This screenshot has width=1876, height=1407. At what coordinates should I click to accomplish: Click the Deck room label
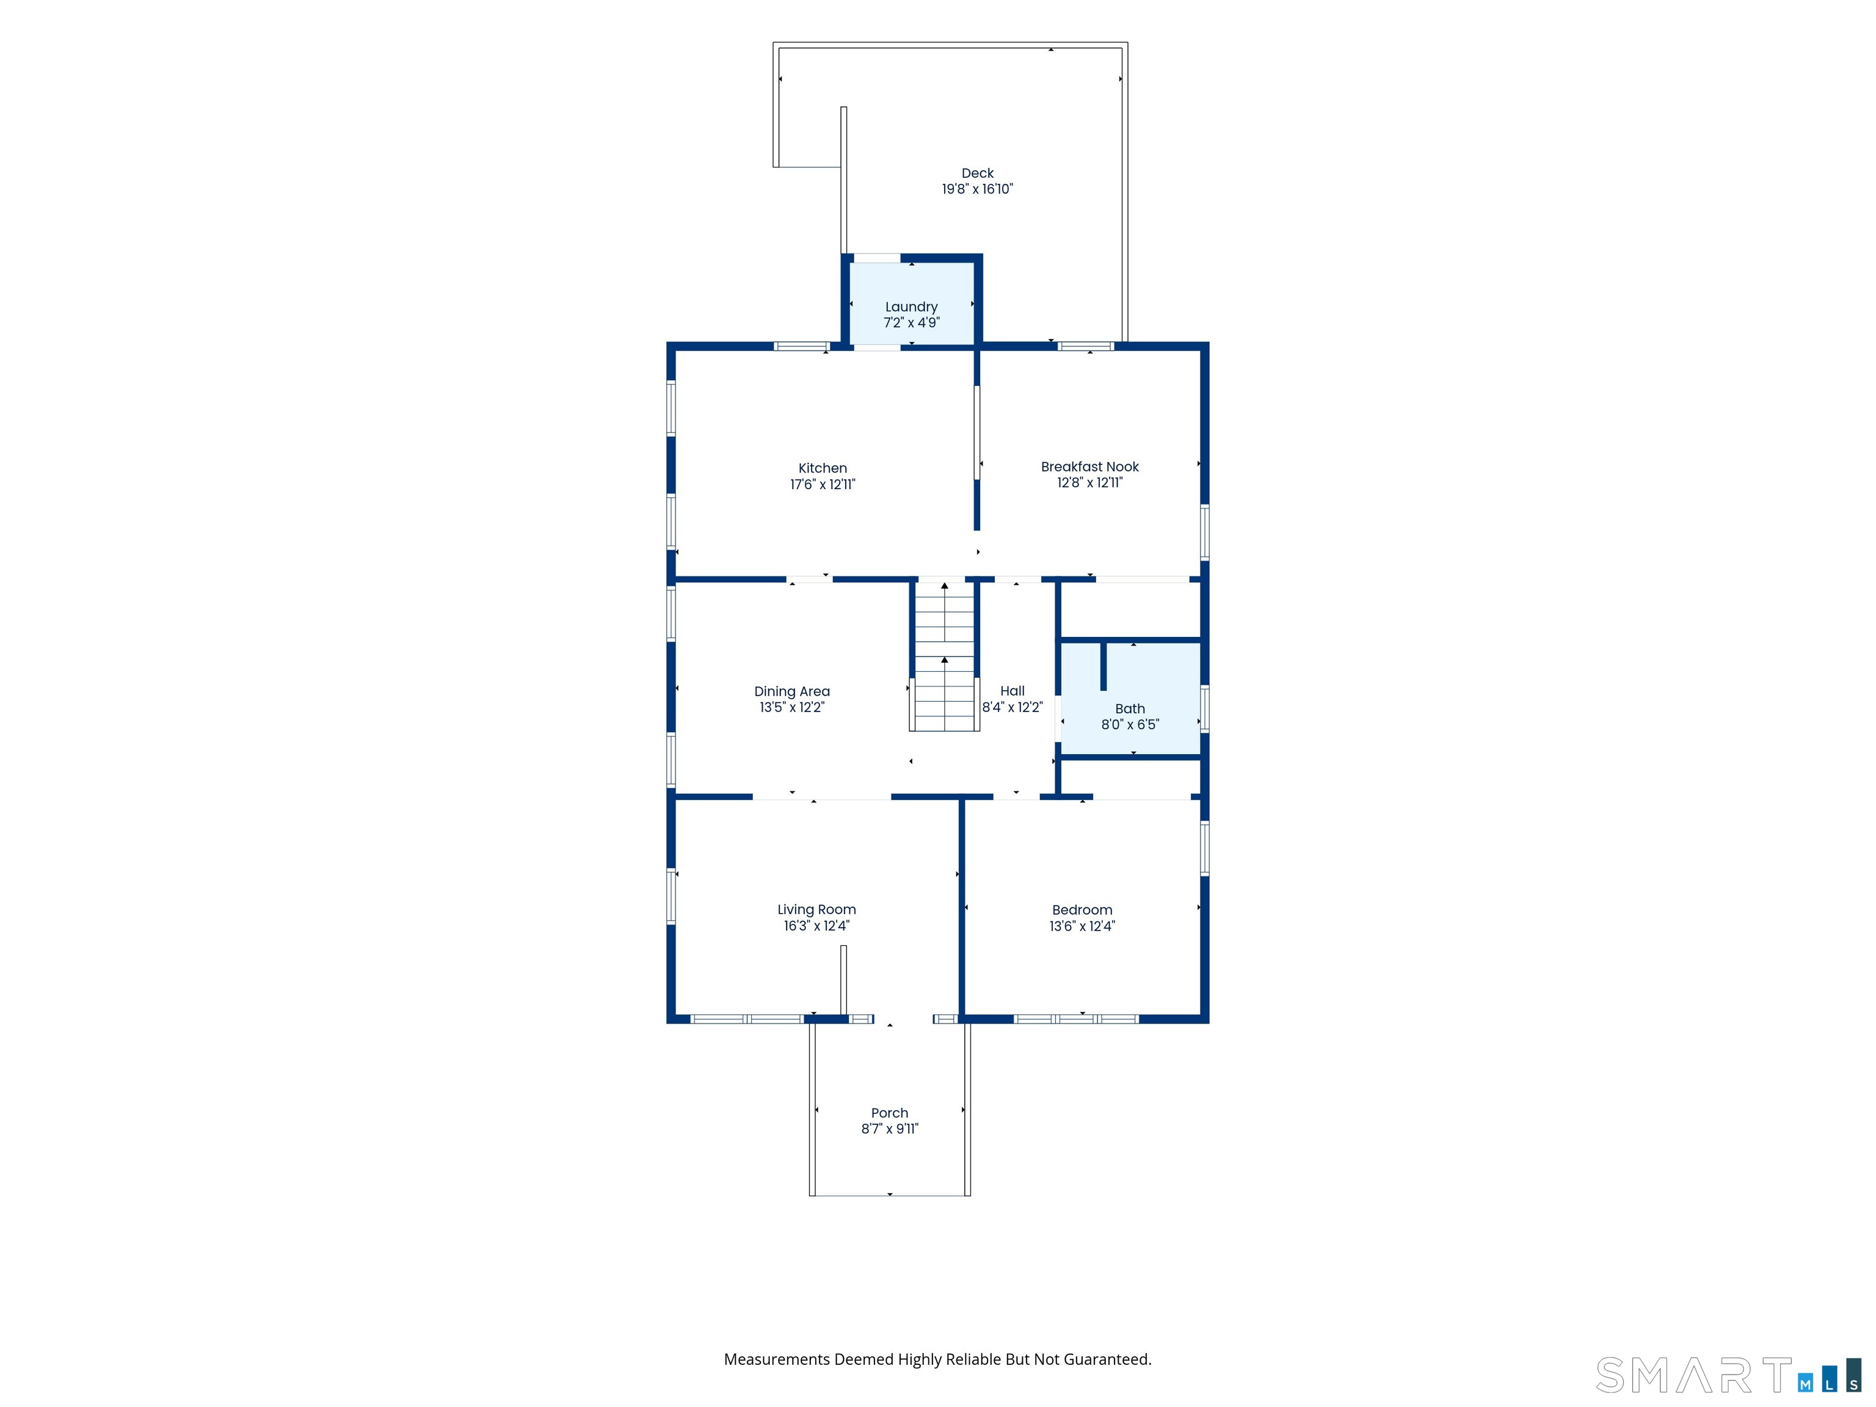click(977, 173)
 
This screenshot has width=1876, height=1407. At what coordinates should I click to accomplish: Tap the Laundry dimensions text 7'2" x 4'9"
click(912, 322)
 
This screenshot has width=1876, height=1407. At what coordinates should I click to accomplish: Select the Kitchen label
click(823, 468)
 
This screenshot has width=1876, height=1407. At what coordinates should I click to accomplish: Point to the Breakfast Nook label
click(1090, 467)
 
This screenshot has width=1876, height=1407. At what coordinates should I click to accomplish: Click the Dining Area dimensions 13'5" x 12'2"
click(792, 707)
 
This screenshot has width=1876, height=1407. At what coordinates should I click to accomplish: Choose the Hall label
click(1012, 691)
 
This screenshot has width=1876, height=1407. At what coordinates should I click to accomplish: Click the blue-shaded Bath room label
click(1130, 708)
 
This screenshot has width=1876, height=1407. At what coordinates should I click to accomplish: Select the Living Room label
click(816, 909)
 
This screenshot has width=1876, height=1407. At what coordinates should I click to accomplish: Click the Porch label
click(890, 1113)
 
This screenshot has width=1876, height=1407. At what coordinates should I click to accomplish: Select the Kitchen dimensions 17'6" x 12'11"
click(823, 484)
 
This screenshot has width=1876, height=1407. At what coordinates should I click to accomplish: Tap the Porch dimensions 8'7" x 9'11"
click(890, 1129)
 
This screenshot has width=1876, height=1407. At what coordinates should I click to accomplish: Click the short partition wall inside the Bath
click(1103, 667)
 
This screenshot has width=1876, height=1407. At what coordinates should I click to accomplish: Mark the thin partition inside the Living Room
click(843, 980)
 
